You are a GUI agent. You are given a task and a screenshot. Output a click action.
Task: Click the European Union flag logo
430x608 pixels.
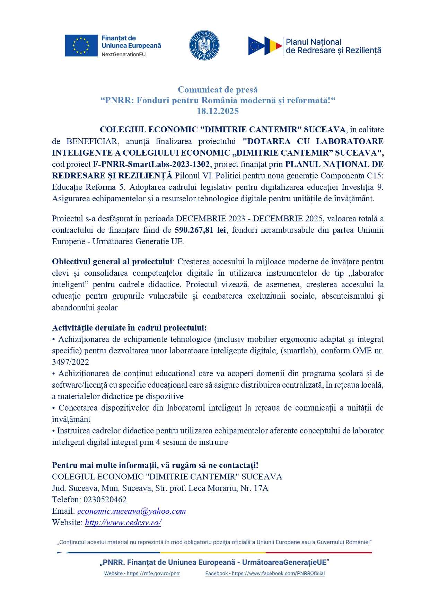click(81, 45)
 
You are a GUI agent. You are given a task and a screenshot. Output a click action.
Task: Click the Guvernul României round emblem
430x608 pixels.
click(204, 45)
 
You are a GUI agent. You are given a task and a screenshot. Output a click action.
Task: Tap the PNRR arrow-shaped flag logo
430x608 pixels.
click(265, 46)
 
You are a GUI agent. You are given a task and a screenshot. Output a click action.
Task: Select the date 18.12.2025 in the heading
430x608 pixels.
click(218, 111)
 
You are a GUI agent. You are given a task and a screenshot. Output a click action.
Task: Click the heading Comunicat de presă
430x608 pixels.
click(218, 90)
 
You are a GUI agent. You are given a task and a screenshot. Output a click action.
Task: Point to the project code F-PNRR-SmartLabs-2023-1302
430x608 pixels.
click(151, 164)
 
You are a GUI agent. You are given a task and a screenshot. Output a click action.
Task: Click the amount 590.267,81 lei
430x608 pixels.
click(200, 230)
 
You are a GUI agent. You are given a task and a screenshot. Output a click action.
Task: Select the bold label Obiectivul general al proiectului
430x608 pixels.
click(112, 262)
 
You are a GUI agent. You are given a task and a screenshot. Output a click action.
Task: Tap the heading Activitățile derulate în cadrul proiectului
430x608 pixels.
click(129, 328)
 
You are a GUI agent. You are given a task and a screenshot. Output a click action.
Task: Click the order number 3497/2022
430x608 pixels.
click(70, 362)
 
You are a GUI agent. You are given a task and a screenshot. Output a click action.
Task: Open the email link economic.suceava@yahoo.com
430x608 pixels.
click(132, 511)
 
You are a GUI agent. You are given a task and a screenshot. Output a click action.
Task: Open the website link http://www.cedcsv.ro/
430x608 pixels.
click(123, 522)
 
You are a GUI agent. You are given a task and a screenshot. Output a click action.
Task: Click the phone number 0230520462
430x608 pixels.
click(105, 500)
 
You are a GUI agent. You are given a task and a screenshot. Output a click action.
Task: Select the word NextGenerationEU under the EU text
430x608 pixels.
click(123, 54)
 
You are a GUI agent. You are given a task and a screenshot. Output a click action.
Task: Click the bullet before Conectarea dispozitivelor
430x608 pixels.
click(54, 408)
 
